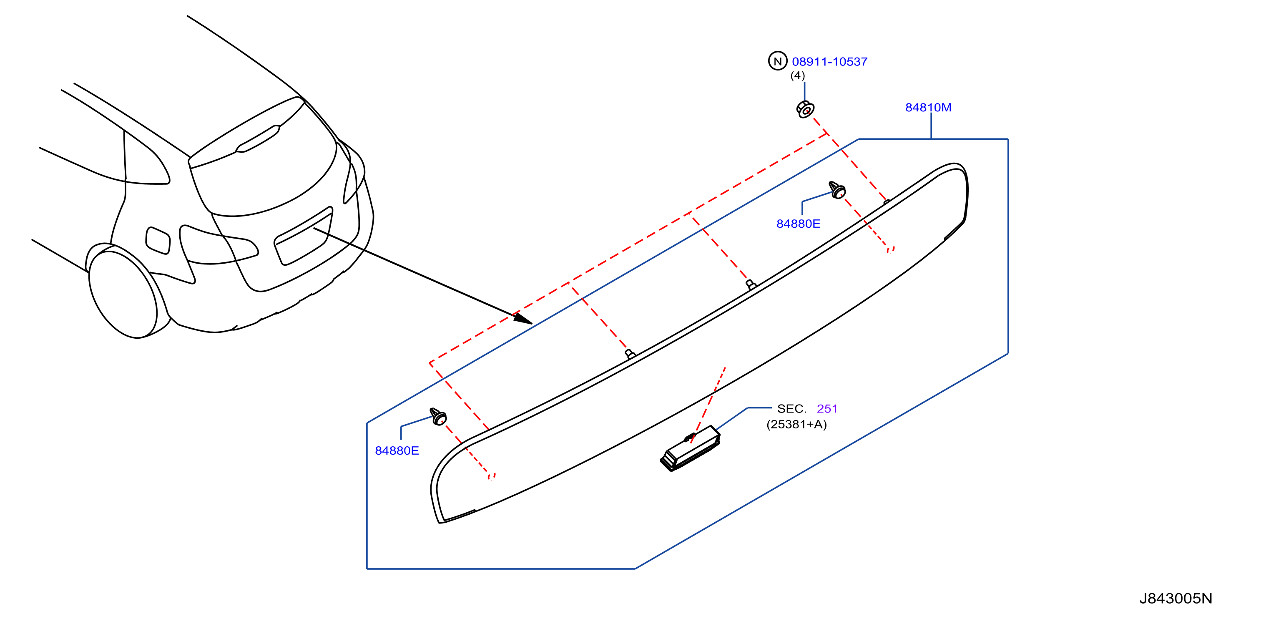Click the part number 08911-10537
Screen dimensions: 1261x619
(829, 62)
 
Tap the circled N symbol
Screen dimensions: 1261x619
(777, 61)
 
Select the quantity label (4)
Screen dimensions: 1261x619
(797, 75)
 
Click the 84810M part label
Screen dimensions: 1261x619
(928, 107)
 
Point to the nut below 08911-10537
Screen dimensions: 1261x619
(805, 109)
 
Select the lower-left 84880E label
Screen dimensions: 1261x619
(397, 450)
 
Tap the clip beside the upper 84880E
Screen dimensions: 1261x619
(837, 190)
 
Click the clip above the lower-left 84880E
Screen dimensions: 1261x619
(438, 417)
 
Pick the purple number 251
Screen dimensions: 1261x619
(827, 408)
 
